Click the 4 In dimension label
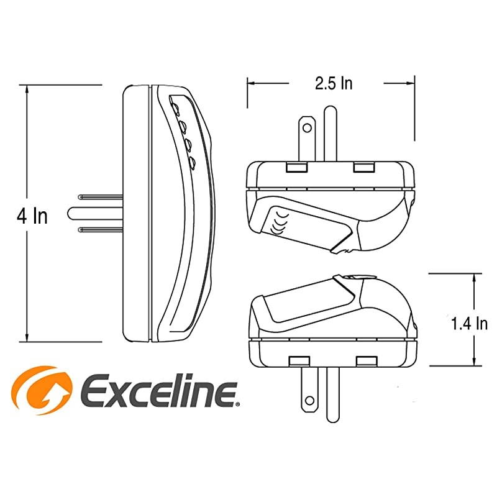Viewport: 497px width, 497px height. tap(32, 216)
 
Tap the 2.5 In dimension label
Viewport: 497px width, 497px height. tap(334, 83)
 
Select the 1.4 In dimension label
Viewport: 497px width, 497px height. tap(469, 324)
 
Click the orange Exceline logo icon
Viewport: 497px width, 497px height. tap(42, 390)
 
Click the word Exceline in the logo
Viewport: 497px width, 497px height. tap(158, 390)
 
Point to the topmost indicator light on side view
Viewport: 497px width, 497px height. tap(175, 107)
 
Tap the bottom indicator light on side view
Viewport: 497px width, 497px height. tap(192, 163)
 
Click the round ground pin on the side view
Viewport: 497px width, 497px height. tap(95, 213)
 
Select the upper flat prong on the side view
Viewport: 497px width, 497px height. tap(101, 197)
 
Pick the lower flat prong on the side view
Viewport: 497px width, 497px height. tap(101, 229)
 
